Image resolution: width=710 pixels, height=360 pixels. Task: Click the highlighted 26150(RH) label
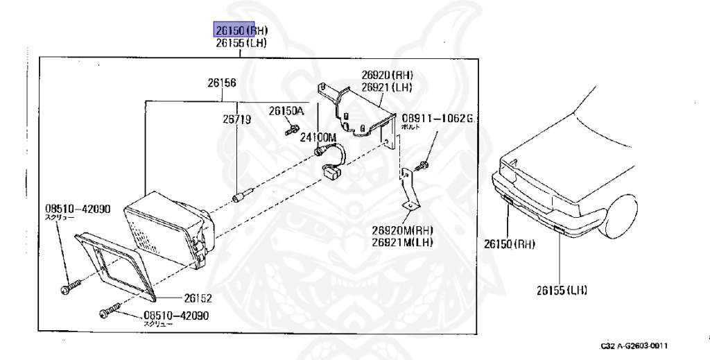click(240, 30)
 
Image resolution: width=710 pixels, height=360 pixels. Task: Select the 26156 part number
click(221, 83)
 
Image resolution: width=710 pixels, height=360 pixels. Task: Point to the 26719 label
click(236, 119)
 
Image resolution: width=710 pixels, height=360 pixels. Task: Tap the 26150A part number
click(287, 111)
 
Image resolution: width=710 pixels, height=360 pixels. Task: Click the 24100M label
click(318, 137)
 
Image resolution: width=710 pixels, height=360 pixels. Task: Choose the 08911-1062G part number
click(437, 119)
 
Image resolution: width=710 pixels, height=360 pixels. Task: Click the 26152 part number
click(198, 299)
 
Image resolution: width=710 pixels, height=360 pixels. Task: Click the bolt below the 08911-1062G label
click(422, 166)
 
